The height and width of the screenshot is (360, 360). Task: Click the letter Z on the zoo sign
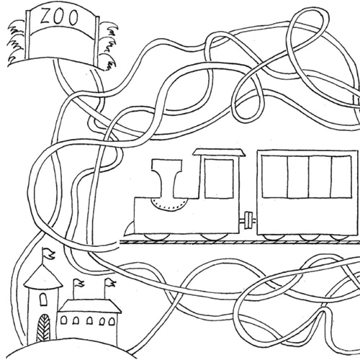[x=45, y=17]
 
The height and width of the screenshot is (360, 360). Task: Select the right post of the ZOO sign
[x=97, y=42]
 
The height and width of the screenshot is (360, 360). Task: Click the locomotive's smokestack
[x=166, y=178]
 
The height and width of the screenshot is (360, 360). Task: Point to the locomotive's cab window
[x=219, y=179]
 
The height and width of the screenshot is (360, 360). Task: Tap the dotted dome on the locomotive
[x=169, y=204]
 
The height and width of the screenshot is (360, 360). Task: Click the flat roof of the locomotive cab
[x=220, y=152]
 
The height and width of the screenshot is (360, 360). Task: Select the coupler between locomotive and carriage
[x=248, y=220]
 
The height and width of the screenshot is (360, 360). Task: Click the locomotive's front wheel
[x=157, y=237]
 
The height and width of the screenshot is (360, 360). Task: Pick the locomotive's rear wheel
[x=214, y=237]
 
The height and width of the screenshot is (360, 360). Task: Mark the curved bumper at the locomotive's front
[x=130, y=228]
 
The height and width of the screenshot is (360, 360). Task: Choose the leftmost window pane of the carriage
[x=274, y=176]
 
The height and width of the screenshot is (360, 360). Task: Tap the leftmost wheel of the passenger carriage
[x=273, y=237]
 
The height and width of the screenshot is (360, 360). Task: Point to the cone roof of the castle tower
[x=43, y=275]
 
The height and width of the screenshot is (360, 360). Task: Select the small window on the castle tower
[x=43, y=300]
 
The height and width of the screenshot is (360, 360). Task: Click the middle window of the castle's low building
[x=89, y=321]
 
